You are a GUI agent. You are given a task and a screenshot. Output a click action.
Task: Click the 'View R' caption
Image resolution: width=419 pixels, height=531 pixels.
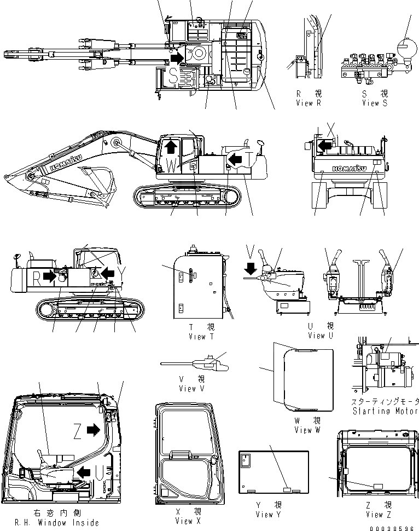[308, 103]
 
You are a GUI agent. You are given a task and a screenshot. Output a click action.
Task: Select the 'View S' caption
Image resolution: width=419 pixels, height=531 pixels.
[374, 103]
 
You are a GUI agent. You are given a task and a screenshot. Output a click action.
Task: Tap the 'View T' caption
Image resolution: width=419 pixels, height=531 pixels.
[197, 337]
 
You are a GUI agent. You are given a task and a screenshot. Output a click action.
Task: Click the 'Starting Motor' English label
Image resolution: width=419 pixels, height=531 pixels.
[385, 411]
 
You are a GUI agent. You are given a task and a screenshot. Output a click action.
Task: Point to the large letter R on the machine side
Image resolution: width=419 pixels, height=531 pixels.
[36, 276]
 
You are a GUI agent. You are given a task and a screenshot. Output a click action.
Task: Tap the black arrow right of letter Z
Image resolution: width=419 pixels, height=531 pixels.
[94, 431]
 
